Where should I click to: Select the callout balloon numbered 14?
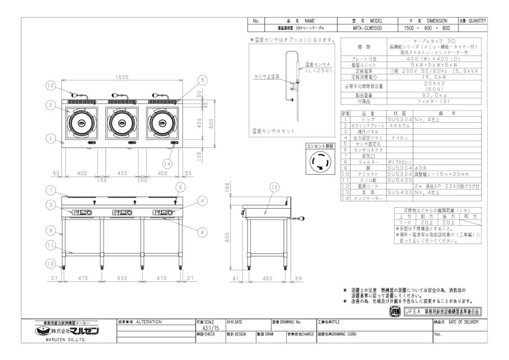[168, 164]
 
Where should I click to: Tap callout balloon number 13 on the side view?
[274, 187]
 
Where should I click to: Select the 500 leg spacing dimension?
[123, 278]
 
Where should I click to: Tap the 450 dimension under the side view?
[267, 278]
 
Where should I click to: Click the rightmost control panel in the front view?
[163, 212]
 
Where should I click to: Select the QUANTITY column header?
[473, 21]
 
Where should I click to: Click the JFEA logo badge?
[395, 311]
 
